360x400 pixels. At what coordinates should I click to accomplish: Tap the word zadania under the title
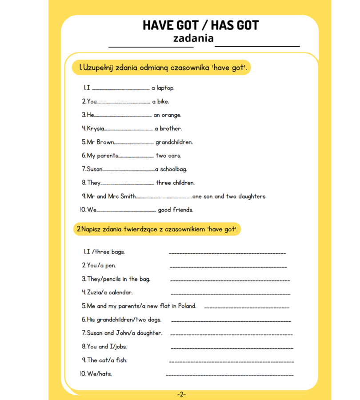pyautogui.click(x=193, y=39)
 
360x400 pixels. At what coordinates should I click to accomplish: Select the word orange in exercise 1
pyautogui.click(x=171, y=115)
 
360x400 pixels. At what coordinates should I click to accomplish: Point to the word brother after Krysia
pyautogui.click(x=171, y=129)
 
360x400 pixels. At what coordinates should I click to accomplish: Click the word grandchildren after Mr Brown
pyautogui.click(x=174, y=143)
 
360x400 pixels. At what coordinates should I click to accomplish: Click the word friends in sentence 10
pyautogui.click(x=184, y=210)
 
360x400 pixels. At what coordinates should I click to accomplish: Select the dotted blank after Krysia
pyautogui.click(x=128, y=129)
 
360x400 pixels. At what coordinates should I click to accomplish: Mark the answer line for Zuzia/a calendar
pyautogui.click(x=230, y=294)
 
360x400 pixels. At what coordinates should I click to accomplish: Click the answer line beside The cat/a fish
pyautogui.click(x=232, y=362)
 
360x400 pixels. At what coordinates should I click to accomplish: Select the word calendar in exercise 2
pyautogui.click(x=120, y=292)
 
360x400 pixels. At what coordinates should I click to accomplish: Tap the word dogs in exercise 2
pyautogui.click(x=154, y=320)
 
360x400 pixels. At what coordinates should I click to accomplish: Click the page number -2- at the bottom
pyautogui.click(x=181, y=394)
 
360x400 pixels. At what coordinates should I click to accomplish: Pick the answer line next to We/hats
pyautogui.click(x=229, y=376)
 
